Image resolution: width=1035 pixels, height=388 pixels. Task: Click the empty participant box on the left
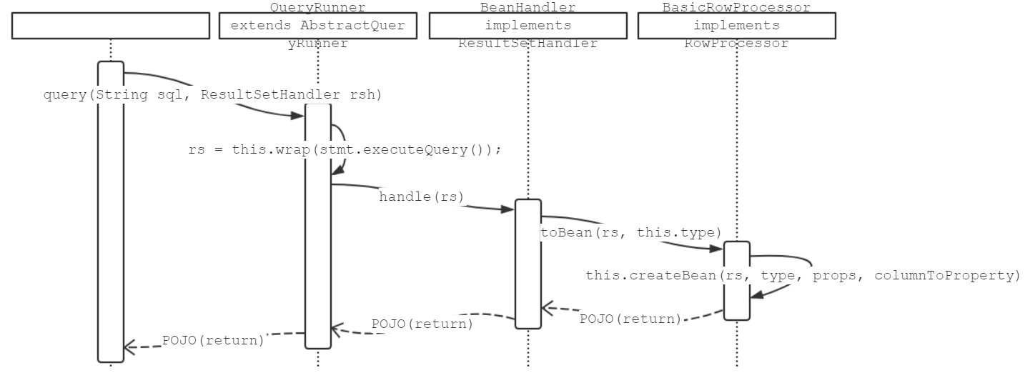(x=111, y=26)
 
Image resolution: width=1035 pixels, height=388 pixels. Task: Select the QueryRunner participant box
(x=317, y=26)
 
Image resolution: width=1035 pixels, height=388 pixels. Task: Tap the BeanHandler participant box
(x=527, y=26)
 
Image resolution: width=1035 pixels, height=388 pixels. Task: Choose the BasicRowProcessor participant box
(x=736, y=26)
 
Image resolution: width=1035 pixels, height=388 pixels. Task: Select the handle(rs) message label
(x=421, y=197)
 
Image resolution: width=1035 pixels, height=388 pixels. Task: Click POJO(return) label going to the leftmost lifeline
(x=213, y=340)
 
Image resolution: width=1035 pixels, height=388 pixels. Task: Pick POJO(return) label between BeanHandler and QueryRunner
(x=422, y=323)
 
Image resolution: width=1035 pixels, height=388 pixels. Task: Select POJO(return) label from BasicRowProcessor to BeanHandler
(x=630, y=319)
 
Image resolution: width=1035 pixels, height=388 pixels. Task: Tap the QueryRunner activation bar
(x=318, y=229)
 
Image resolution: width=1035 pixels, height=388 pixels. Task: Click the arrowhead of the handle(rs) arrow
(x=508, y=209)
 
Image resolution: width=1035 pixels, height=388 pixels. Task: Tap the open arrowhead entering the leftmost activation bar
(x=129, y=347)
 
